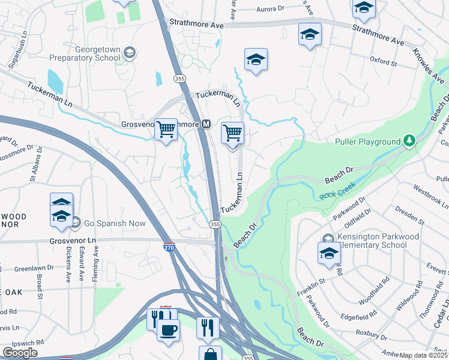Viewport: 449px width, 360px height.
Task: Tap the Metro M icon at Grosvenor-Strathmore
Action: (206, 124)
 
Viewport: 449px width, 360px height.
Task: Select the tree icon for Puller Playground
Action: (409, 141)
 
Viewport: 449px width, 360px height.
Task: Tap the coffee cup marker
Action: (168, 329)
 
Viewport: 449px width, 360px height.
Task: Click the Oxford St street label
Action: (384, 61)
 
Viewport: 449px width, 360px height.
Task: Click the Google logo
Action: (20, 353)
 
